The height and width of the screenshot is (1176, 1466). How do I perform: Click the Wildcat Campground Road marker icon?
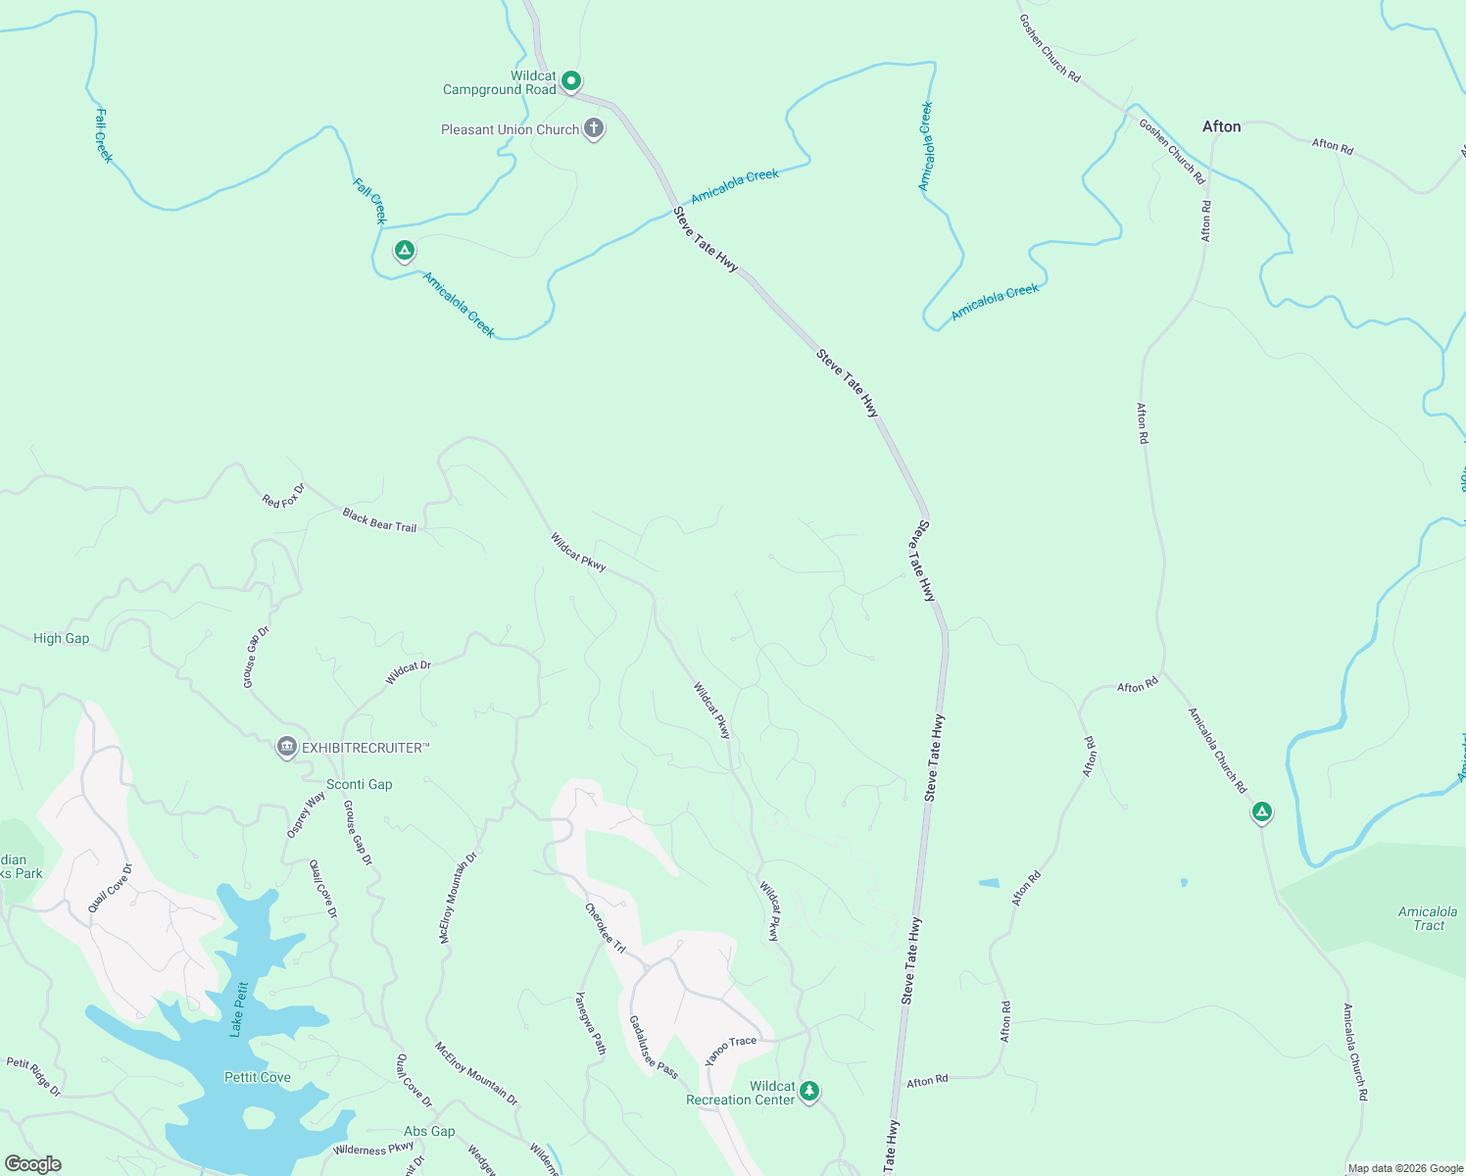[x=571, y=80]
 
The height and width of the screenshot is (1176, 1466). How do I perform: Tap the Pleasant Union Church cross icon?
[x=594, y=128]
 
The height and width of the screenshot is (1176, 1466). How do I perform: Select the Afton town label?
[x=1221, y=126]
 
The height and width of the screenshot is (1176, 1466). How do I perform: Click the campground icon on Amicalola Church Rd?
[x=1262, y=811]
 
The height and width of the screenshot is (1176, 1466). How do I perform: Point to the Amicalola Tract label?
[x=1427, y=918]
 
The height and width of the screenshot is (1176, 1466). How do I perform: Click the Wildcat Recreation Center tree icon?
[x=808, y=1090]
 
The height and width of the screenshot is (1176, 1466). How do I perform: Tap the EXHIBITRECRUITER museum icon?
[x=287, y=748]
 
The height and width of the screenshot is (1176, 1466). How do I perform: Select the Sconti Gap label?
[x=359, y=784]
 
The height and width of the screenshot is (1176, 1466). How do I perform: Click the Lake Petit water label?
[x=239, y=1008]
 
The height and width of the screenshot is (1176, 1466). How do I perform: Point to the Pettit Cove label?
[x=257, y=1077]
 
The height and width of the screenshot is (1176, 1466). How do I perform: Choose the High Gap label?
[x=61, y=638]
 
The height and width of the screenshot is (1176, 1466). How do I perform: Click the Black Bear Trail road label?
[x=379, y=520]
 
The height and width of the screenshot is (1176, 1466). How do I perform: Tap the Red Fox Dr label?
[x=283, y=496]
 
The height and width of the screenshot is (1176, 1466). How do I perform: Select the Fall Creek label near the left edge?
[x=104, y=135]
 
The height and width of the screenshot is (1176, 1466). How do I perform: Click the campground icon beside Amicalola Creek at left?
[x=404, y=251]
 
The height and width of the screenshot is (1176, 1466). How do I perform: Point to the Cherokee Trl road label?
[x=605, y=927]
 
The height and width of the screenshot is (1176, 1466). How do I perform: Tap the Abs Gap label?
[x=429, y=1131]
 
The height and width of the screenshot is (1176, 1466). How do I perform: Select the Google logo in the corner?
[x=32, y=1164]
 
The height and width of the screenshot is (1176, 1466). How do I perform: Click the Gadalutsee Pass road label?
[x=653, y=1047]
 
